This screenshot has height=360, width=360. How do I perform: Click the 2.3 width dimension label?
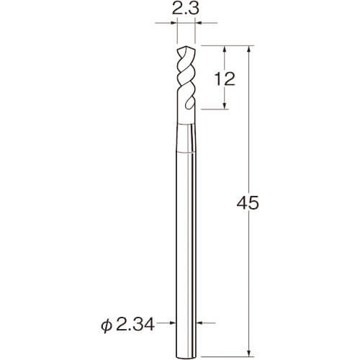coord(186,9)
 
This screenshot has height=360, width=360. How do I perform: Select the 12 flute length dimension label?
coord(225,79)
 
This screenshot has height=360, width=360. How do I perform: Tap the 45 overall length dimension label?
coord(248,203)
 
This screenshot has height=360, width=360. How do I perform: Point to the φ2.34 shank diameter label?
coord(127,325)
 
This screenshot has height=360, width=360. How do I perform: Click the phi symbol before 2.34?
coord(107,326)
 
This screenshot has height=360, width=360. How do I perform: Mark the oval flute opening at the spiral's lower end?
coord(189,103)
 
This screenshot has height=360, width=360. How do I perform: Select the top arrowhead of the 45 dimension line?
coord(249,49)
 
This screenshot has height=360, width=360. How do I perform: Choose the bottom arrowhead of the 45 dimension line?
coord(249,353)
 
